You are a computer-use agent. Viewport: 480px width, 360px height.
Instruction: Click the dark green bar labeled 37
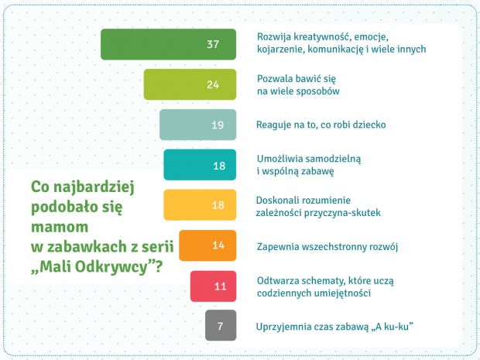pos(168,44)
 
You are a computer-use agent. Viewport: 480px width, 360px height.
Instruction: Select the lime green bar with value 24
pos(190,84)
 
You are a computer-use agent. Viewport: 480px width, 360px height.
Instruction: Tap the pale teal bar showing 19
pos(197,125)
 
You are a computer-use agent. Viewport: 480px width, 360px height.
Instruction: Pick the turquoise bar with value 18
pos(200,165)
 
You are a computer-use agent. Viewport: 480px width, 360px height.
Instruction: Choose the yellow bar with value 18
pos(200,205)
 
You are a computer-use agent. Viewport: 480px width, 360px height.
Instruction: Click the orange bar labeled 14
pos(207,245)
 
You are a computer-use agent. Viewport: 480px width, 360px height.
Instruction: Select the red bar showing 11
pos(214,286)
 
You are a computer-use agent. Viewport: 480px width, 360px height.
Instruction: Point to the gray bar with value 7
pos(221,325)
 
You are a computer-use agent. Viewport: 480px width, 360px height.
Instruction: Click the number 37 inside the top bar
pos(213,44)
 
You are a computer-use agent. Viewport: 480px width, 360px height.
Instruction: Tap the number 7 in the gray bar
pos(220,327)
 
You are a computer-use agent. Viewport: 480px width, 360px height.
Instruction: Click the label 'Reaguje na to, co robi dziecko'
pos(321,125)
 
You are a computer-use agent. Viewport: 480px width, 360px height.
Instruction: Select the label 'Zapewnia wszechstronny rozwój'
pos(327,247)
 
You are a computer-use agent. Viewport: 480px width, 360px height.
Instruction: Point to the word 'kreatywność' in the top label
pos(324,37)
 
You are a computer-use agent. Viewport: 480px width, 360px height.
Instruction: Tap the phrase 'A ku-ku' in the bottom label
pos(393,327)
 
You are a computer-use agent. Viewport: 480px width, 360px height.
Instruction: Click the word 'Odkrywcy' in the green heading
pos(111,267)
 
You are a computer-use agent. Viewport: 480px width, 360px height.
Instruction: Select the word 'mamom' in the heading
pos(60,227)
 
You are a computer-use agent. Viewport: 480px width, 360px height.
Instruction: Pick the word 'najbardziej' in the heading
pos(94,187)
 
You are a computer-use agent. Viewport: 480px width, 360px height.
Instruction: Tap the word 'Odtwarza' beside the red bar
pos(276,281)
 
